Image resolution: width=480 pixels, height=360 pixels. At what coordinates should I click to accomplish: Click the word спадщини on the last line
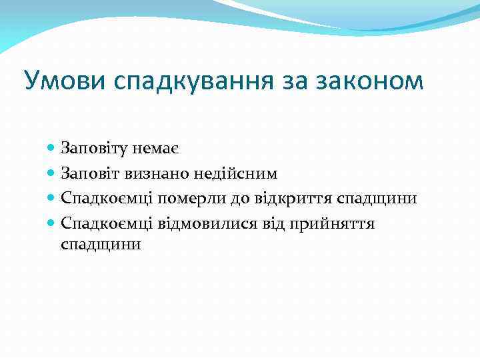(101, 244)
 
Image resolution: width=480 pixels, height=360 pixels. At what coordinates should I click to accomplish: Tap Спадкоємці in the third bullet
(107, 199)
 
